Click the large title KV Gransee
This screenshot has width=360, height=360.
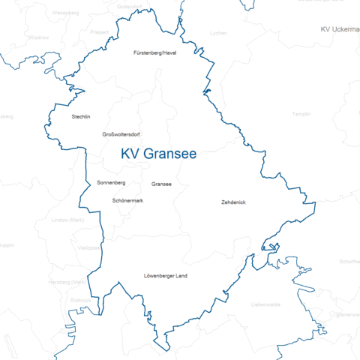pos(159,154)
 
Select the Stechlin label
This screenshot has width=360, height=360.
pos(80,117)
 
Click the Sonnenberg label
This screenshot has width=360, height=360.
pos(111,183)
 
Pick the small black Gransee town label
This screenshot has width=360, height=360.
pos(161,184)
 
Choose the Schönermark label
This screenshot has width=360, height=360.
pos(127,201)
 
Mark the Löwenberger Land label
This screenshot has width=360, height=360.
pos(165,276)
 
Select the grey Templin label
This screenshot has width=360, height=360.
pos(301,114)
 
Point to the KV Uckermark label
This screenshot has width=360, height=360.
pos(339,28)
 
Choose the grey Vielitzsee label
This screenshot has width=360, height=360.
pos(89,247)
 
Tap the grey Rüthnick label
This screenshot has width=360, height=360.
pos(79,300)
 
